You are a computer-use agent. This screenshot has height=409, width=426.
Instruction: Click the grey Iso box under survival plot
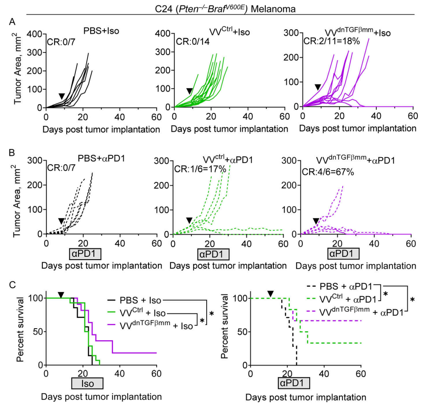[x=87, y=383]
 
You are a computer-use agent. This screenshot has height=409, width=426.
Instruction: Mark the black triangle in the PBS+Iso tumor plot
[x=61, y=96]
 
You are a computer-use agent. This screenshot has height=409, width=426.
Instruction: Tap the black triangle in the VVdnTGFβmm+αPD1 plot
[x=316, y=220]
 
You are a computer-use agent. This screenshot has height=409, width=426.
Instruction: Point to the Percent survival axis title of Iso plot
[x=20, y=331]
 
